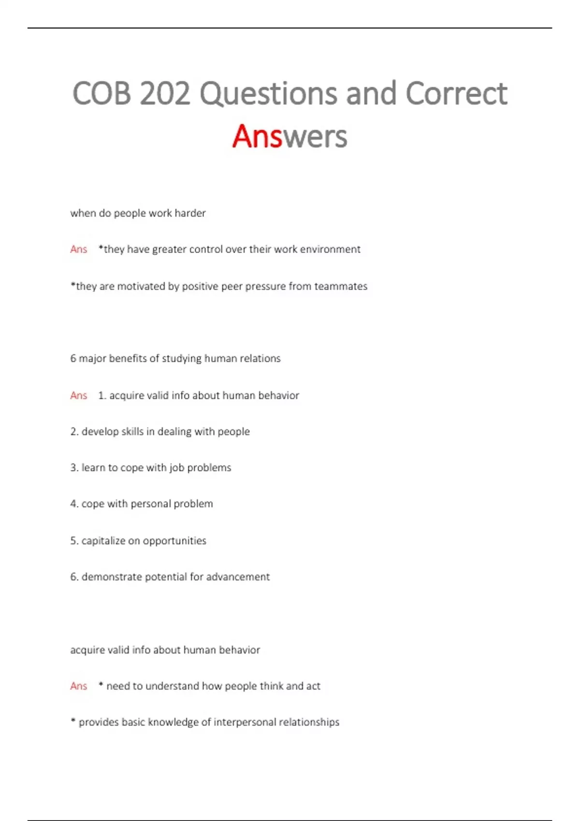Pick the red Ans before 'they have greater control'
click(x=79, y=249)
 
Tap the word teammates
click(x=341, y=286)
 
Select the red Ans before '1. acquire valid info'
click(x=79, y=396)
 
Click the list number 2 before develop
click(x=73, y=431)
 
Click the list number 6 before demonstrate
click(x=73, y=577)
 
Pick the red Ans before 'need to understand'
click(x=79, y=686)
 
